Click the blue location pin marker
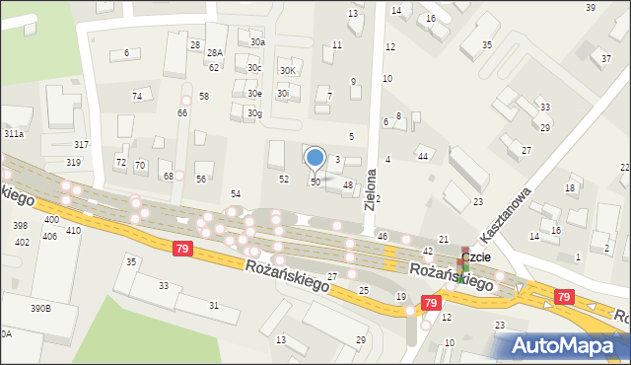(x=315, y=158)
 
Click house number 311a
(x=13, y=133)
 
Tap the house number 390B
(x=39, y=309)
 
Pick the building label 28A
(x=214, y=53)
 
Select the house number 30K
(x=288, y=71)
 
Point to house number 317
(x=81, y=145)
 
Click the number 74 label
(x=137, y=96)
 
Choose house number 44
(x=422, y=157)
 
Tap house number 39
(x=590, y=8)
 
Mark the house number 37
(x=606, y=59)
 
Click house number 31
(x=213, y=306)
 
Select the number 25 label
(x=364, y=291)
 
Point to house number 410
(x=73, y=231)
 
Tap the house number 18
(x=570, y=188)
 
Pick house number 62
(x=214, y=67)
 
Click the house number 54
(x=236, y=194)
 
